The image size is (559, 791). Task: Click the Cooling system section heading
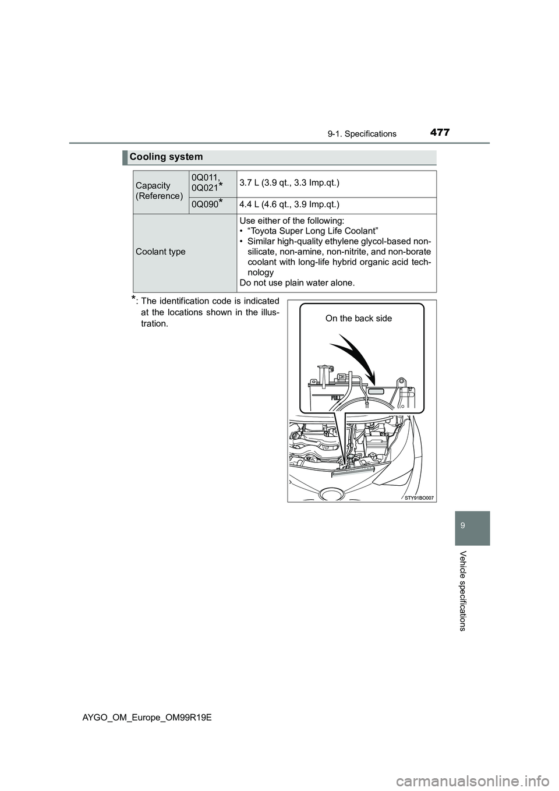pos(167,157)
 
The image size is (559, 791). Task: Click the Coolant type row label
pos(160,251)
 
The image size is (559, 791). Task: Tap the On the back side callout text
pos(359,318)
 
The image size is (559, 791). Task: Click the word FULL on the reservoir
pos(337,398)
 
